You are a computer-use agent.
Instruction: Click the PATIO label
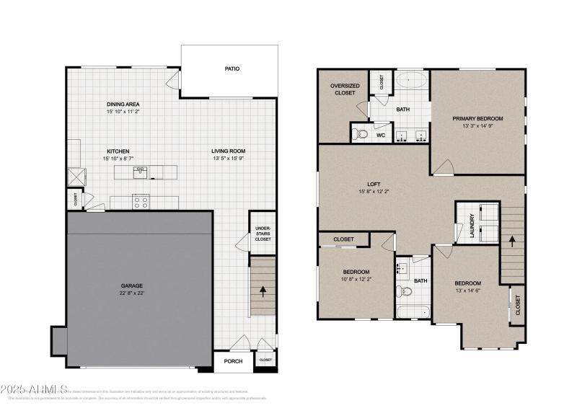[231, 69]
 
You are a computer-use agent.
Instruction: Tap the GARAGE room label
[131, 285]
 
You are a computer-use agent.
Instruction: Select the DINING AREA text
[123, 105]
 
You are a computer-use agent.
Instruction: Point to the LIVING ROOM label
[228, 151]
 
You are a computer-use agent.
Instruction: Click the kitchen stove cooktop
[141, 201]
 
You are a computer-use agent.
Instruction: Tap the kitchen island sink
[140, 172]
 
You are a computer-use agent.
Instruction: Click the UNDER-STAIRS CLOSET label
[263, 234]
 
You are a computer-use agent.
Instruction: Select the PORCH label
[232, 361]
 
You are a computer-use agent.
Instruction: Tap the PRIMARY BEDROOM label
[477, 118]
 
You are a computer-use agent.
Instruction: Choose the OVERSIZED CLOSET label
[345, 89]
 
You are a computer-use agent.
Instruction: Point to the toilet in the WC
[361, 133]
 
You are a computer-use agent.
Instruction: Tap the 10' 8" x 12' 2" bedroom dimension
[356, 279]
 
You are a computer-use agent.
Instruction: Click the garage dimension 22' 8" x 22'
[131, 293]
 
